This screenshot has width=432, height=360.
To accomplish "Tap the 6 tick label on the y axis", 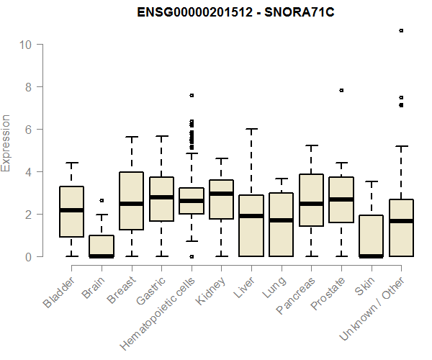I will (27, 130).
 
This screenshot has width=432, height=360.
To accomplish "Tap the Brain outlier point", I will (102, 200).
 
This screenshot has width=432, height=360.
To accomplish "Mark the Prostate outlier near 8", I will (341, 91).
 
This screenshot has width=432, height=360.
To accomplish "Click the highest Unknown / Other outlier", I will (401, 30).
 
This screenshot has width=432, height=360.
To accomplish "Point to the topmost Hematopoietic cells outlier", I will (192, 95).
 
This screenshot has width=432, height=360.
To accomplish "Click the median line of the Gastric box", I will (161, 197).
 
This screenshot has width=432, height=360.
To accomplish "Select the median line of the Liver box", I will (251, 216).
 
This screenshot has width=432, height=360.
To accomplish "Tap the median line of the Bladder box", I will (72, 210).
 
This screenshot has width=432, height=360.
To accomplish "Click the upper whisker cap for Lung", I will (282, 179).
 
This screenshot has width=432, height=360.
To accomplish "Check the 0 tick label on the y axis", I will (27, 257).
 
